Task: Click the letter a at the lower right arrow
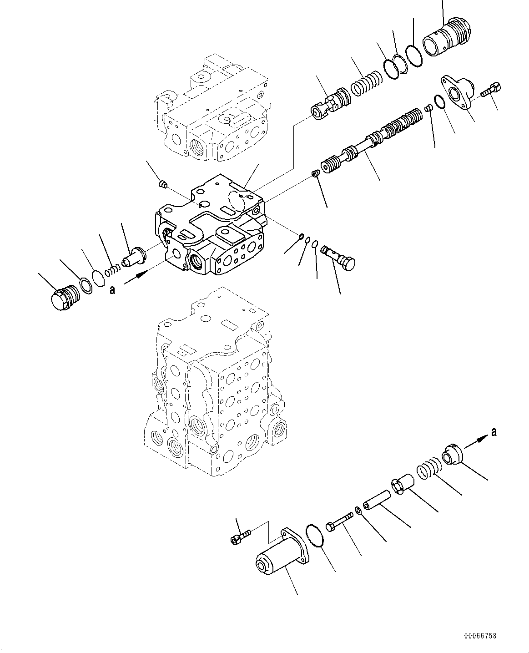494,432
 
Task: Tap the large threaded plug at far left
64,299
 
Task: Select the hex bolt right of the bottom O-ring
340,521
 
